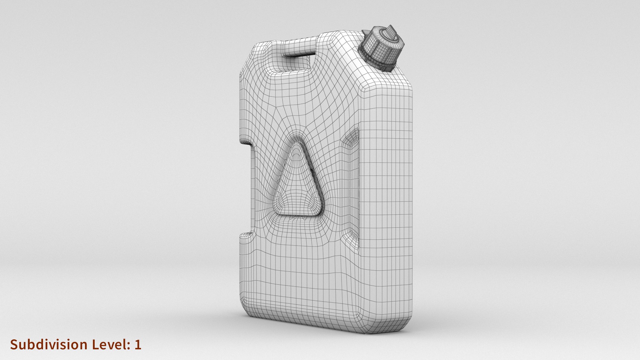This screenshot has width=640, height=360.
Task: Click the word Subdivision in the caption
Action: coord(49,344)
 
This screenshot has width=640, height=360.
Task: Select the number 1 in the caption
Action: coord(138,344)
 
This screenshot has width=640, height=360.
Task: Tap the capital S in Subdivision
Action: coord(14,344)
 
